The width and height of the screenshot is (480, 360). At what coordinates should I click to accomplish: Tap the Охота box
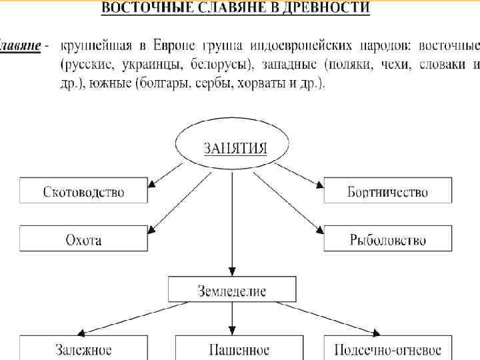[83, 239]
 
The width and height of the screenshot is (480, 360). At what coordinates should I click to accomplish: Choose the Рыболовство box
[387, 239]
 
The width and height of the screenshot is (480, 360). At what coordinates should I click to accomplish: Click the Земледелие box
[231, 290]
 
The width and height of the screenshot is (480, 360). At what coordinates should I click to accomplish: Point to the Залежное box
[83, 349]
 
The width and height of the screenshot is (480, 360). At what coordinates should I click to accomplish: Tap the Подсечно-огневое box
[387, 349]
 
